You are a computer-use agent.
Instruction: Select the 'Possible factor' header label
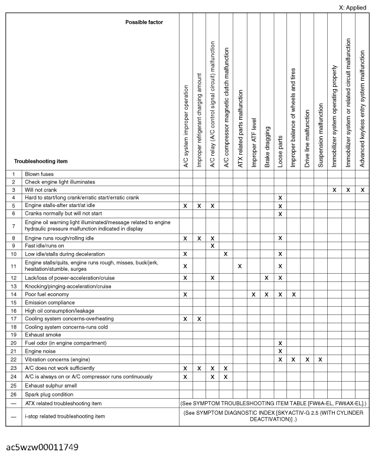click(144, 22)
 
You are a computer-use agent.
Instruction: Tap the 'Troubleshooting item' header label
click(41, 160)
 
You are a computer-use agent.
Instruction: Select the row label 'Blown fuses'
click(40, 174)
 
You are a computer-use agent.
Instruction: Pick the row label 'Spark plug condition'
click(49, 394)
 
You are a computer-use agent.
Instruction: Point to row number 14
click(14, 293)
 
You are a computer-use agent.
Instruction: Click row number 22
click(14, 359)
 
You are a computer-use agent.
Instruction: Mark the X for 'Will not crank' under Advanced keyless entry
click(362, 190)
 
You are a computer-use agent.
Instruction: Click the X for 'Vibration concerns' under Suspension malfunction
click(321, 359)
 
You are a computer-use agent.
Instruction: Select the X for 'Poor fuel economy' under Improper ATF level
click(253, 293)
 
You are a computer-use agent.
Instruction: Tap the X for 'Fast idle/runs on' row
click(213, 245)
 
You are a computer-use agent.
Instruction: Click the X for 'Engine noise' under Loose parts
click(281, 351)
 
